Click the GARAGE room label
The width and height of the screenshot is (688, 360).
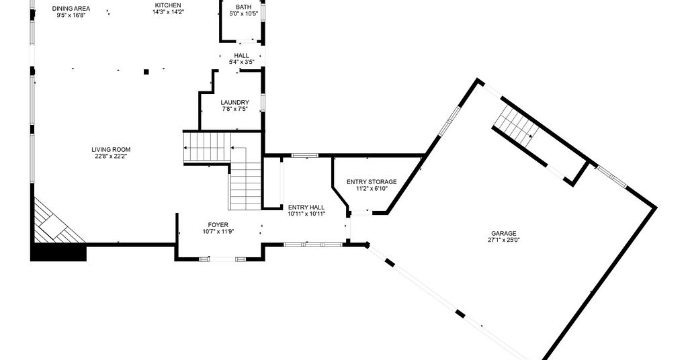point(504,233)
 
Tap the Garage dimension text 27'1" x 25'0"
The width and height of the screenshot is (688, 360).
point(504,240)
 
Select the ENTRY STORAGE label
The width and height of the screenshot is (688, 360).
point(372,181)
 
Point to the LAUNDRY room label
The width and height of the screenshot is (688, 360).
point(234,103)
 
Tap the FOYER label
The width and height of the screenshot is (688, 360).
point(218,225)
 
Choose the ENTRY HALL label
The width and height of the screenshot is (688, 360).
point(306,208)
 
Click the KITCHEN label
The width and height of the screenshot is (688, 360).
point(168,5)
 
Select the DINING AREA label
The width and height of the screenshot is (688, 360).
point(71,8)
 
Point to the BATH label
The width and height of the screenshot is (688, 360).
point(243,7)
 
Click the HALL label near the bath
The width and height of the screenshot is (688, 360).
point(241,56)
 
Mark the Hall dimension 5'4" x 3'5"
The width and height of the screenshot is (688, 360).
point(241,62)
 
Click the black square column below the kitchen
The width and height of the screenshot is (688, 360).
point(146,71)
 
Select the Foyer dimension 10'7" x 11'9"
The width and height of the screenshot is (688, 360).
point(218,232)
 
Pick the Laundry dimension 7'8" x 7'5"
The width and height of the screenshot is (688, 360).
point(234,109)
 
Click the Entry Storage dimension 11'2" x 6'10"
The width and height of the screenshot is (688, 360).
point(372,188)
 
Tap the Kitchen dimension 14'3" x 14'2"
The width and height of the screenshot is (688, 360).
point(168,12)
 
